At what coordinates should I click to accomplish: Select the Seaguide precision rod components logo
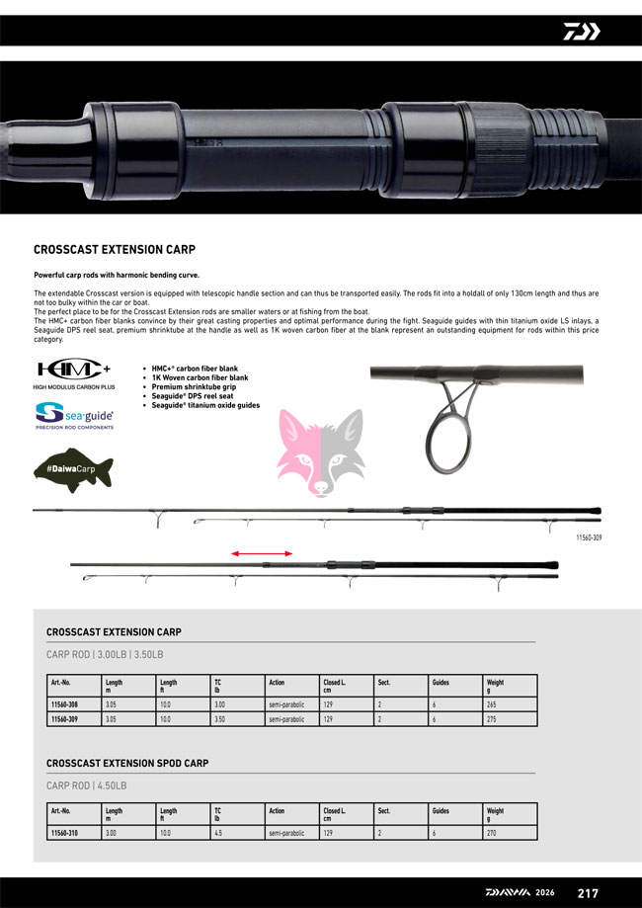pos(74,415)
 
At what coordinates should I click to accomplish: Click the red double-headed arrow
pos(262,554)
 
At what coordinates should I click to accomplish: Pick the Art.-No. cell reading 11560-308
pos(64,704)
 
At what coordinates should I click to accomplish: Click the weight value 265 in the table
pos(492,704)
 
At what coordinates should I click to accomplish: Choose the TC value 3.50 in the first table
pos(221,720)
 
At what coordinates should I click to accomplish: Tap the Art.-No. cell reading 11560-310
pos(64,833)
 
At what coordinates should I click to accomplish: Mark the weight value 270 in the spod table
pos(492,833)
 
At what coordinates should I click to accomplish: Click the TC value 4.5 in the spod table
pos(219,833)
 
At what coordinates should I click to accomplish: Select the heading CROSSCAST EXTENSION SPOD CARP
pos(127,764)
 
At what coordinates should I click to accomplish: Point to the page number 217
pos(588,893)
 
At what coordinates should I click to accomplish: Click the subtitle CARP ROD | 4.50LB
pos(87,786)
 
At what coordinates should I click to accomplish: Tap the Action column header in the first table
pos(277,683)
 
